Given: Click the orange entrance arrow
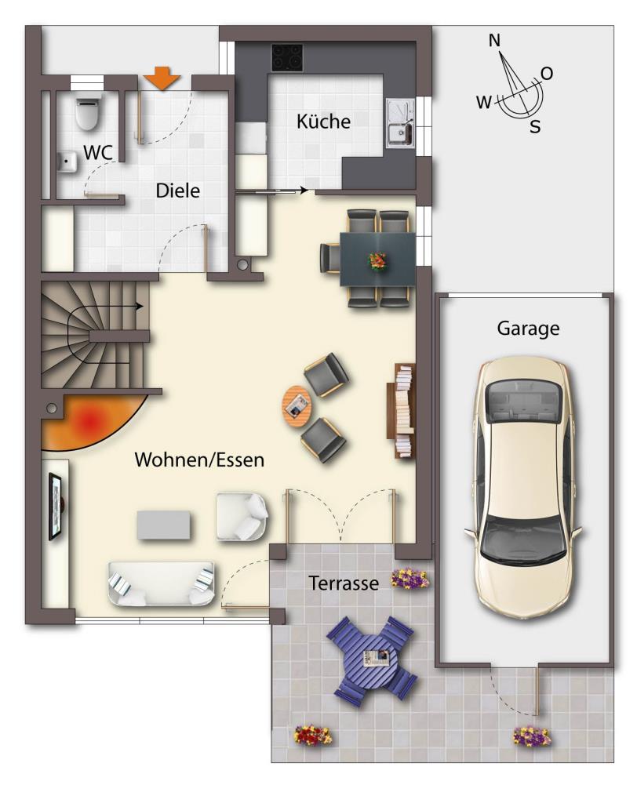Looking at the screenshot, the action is [162, 78].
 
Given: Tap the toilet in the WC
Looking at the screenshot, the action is [87, 112].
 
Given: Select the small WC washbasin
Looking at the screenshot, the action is [66, 162].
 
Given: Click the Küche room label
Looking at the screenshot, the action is [323, 122].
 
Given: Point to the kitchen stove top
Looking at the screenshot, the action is [287, 56].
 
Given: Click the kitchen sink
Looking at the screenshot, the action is [400, 123].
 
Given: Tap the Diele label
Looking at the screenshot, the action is [177, 191].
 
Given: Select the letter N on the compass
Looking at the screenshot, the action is [494, 41].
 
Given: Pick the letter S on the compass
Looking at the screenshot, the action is [535, 125].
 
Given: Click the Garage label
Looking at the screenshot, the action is [528, 329].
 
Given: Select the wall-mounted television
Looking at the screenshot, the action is [56, 507].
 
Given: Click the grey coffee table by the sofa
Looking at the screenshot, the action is [163, 525].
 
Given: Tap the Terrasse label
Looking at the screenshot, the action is [344, 583].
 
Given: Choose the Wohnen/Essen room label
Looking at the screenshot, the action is [199, 460].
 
